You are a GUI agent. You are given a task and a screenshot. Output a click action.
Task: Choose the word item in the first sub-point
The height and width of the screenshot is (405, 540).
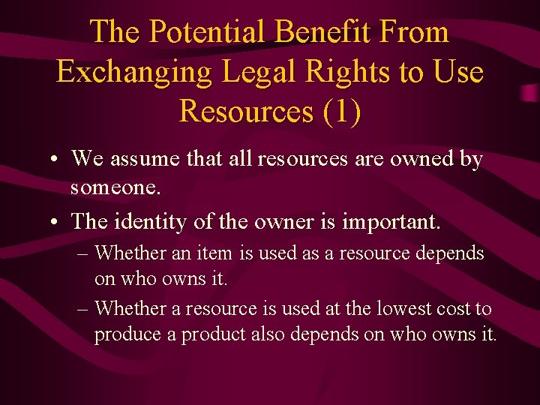tap(214, 253)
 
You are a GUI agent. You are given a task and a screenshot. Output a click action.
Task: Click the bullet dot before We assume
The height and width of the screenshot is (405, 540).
tap(56, 160)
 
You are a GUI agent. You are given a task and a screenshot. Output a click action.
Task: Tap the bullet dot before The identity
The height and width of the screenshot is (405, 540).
tap(56, 222)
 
